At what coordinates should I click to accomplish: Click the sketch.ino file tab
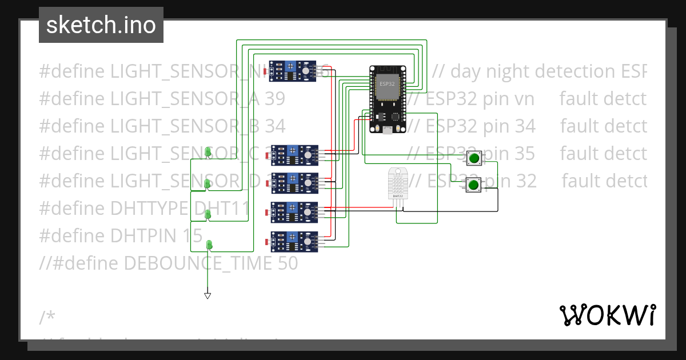point(101,25)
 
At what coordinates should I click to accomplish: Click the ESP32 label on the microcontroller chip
point(387,83)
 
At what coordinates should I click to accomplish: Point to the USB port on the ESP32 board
point(388,130)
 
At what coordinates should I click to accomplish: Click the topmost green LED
point(208,152)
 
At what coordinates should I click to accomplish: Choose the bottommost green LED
point(209,245)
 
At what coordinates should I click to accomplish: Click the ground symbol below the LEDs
point(208,295)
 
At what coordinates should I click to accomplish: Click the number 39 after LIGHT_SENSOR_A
point(275,99)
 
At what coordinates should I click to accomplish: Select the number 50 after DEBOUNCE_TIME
point(288,263)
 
